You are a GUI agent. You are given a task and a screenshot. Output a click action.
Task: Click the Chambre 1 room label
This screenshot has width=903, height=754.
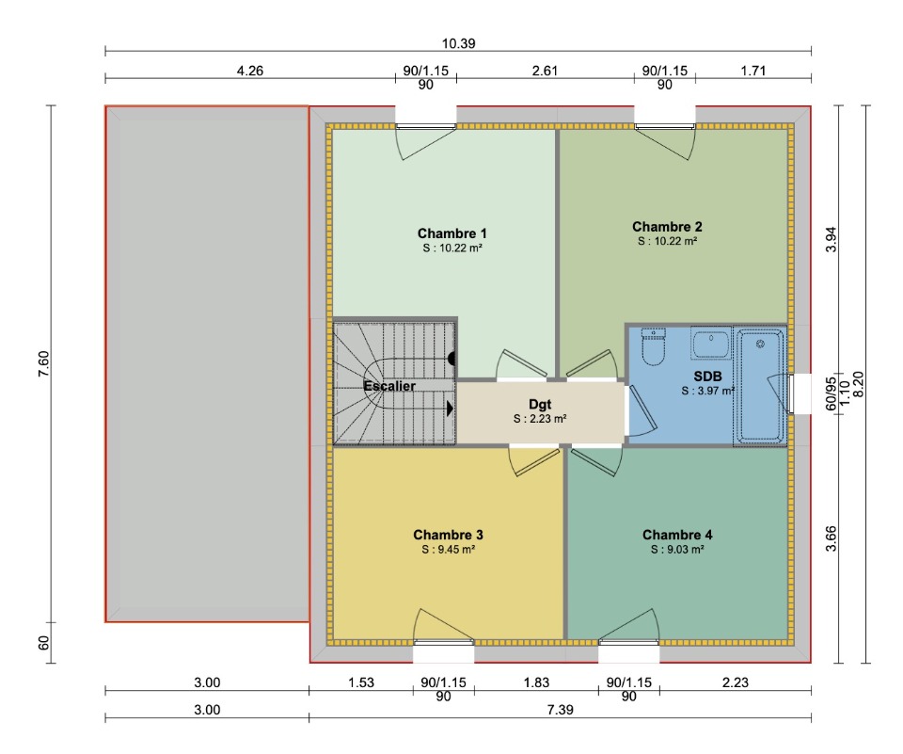click(x=452, y=233)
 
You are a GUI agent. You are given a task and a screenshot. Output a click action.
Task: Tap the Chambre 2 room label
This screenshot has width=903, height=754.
click(x=668, y=227)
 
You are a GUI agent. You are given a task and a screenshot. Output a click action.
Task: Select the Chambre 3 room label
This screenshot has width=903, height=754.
click(x=448, y=535)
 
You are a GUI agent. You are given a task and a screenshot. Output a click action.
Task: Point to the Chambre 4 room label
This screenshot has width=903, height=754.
click(x=677, y=535)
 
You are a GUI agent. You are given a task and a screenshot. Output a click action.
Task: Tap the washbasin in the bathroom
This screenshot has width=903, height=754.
click(x=711, y=344)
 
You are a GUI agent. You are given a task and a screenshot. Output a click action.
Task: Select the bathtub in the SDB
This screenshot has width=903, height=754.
click(x=760, y=386)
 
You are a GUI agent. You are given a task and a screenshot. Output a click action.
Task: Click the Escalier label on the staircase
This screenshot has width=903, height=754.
click(x=389, y=386)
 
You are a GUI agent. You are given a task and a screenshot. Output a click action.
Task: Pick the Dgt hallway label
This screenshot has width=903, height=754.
click(x=540, y=405)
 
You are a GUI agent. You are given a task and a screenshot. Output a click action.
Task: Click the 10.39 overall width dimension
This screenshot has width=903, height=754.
click(x=458, y=43)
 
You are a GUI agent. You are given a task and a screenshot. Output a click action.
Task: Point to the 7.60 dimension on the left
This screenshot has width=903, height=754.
click(x=44, y=363)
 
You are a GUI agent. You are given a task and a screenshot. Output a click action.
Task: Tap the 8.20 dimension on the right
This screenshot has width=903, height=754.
click(x=858, y=384)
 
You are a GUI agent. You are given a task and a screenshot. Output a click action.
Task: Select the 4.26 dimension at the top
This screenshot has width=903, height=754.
click(x=250, y=71)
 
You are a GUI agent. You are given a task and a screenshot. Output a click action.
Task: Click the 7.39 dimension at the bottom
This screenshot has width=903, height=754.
click(x=560, y=710)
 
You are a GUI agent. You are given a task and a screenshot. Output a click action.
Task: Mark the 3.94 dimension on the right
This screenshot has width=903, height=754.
click(x=831, y=239)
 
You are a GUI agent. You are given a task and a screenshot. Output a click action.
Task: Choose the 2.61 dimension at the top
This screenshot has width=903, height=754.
click(x=545, y=71)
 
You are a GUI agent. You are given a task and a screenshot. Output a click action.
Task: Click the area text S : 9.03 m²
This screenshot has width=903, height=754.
click(x=677, y=550)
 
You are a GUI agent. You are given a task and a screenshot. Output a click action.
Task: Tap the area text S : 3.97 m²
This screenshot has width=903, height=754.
click(x=707, y=391)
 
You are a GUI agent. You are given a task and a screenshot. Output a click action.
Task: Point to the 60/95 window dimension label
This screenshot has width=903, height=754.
click(x=831, y=393)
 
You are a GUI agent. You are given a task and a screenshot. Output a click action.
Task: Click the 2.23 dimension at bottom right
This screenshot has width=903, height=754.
click(x=736, y=682)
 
